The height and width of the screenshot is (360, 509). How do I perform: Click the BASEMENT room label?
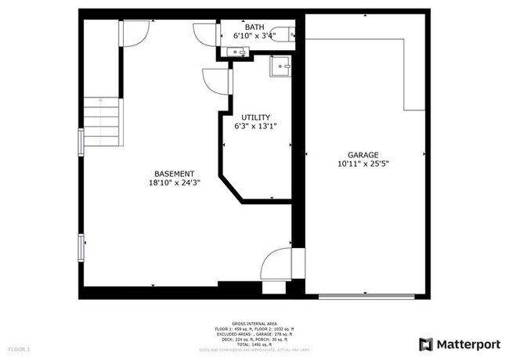click(x=174, y=174)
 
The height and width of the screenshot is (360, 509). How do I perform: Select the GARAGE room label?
click(x=363, y=155)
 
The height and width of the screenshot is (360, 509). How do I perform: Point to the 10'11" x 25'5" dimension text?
click(x=363, y=164)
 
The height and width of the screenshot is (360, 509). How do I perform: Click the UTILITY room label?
click(x=255, y=117)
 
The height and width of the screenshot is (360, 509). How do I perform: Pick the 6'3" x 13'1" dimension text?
click(x=255, y=126)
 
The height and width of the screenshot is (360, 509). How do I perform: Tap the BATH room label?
click(x=255, y=26)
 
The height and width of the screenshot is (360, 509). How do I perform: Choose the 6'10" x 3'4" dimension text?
click(x=255, y=35)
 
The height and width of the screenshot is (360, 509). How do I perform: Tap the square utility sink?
click(x=280, y=67)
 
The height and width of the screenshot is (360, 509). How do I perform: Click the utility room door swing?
click(x=213, y=81)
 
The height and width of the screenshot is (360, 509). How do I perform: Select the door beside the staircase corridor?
click(x=135, y=32)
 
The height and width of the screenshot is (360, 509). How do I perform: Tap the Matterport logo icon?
click(x=427, y=344)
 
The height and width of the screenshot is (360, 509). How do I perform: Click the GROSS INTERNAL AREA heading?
click(x=254, y=322)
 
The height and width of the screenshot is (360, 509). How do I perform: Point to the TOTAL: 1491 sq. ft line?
click(x=254, y=344)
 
